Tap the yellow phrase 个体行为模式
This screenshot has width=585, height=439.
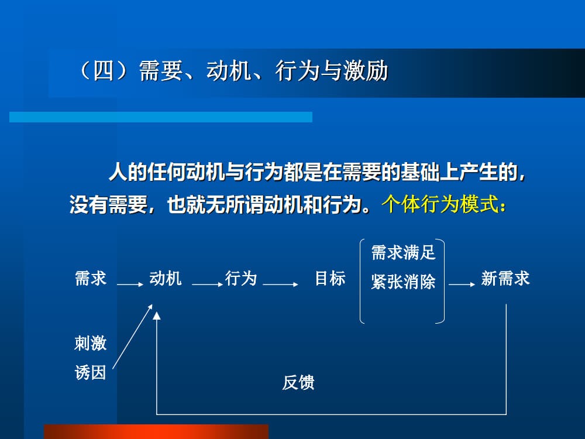point(443,205)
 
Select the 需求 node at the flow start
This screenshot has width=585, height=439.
point(91,279)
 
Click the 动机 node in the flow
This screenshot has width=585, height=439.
point(166,279)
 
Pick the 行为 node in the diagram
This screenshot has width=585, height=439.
point(241,279)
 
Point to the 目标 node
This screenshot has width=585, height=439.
point(330,279)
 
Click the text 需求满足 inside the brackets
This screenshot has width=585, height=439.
point(403,253)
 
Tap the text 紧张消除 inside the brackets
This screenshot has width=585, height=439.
point(403,282)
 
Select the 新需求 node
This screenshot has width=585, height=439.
point(505,279)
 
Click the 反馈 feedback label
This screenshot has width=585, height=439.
point(298,383)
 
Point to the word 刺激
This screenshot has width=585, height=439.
point(91,343)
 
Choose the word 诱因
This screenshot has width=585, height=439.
point(91,373)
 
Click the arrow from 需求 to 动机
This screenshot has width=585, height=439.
point(130,284)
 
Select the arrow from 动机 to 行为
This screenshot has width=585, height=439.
point(207,284)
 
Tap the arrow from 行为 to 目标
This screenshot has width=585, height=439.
point(281,284)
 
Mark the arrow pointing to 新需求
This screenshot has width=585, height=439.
point(462,284)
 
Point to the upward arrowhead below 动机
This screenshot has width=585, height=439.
point(156,317)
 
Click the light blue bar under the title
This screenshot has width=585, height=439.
point(161,117)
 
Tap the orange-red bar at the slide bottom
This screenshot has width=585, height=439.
point(156,432)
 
